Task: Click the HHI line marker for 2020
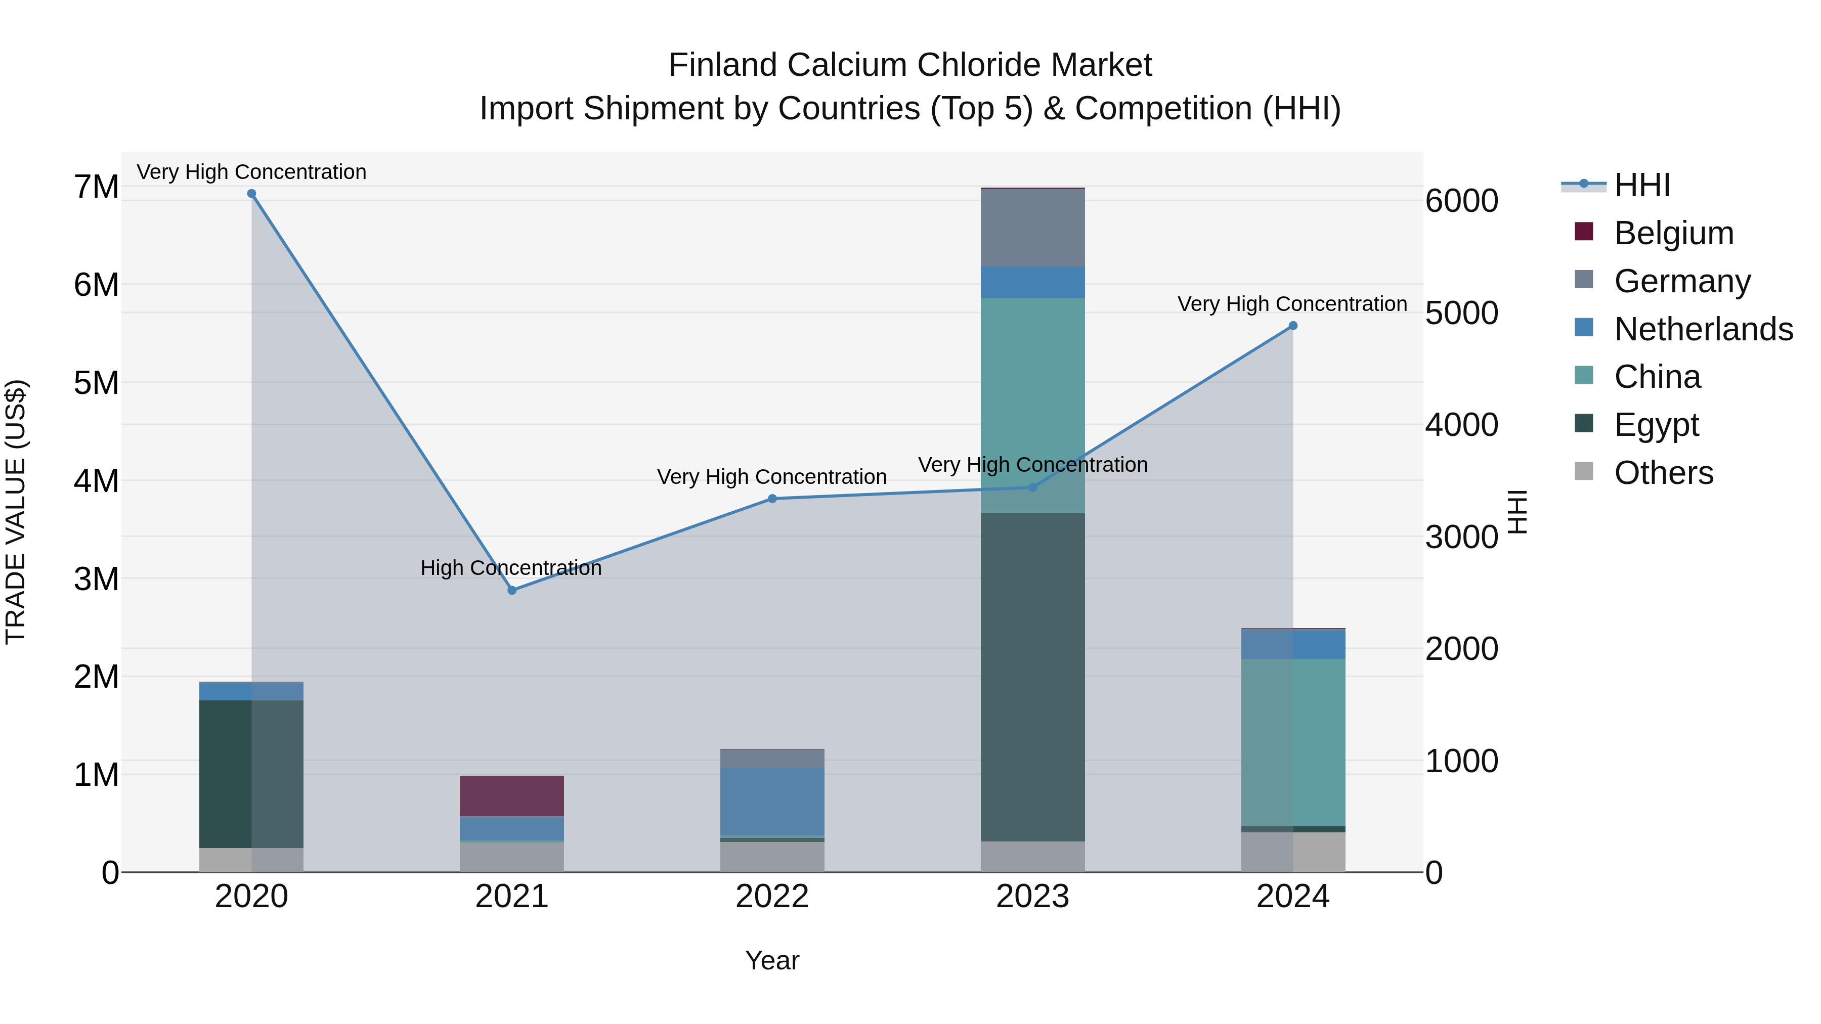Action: (x=252, y=194)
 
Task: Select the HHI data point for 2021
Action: (x=512, y=590)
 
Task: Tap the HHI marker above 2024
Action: (x=1293, y=326)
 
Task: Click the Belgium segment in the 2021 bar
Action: (x=512, y=796)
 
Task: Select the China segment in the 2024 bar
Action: (x=1293, y=742)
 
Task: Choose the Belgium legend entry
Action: (x=1673, y=233)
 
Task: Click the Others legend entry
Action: (x=1663, y=473)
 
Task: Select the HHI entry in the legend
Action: (x=1641, y=185)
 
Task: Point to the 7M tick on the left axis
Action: (x=96, y=187)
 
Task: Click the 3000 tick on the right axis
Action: (x=1460, y=537)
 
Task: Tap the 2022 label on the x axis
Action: (x=772, y=897)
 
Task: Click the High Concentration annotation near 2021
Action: (x=510, y=568)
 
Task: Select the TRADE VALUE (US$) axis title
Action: (x=16, y=512)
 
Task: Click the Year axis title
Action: (x=772, y=960)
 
